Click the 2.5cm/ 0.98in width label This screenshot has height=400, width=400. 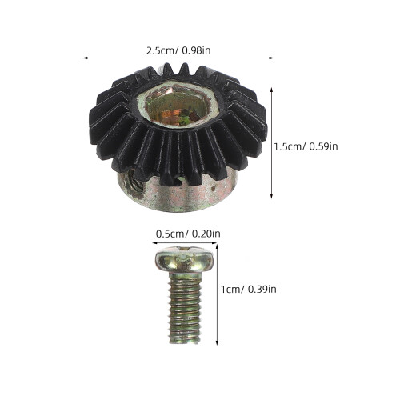click(x=178, y=50)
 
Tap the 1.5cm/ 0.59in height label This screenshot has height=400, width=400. click(x=306, y=146)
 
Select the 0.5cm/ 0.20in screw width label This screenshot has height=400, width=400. click(x=188, y=234)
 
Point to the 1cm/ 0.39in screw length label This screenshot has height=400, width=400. click(x=249, y=289)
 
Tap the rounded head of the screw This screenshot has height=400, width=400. click(x=185, y=260)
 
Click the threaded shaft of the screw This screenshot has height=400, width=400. click(x=185, y=308)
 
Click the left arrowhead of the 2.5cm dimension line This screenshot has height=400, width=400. click(x=86, y=58)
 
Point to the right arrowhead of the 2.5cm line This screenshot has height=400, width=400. click(x=271, y=58)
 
